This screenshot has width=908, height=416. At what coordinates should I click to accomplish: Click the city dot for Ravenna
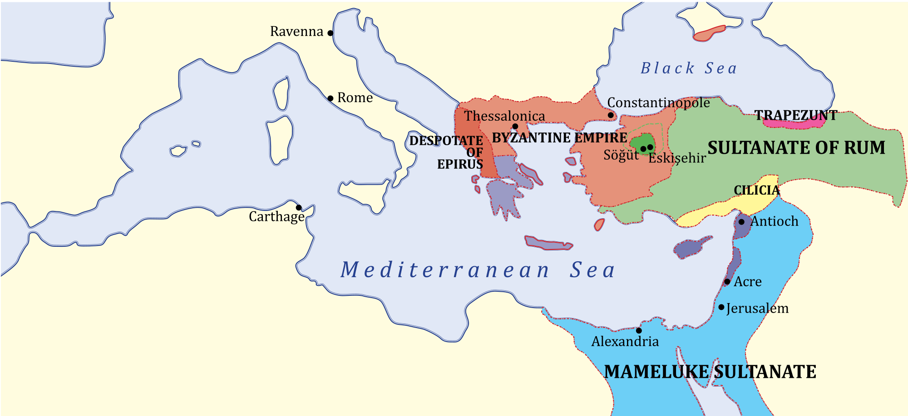click(331, 33)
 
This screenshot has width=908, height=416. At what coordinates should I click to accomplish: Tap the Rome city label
click(355, 98)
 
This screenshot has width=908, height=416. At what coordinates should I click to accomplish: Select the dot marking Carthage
click(299, 208)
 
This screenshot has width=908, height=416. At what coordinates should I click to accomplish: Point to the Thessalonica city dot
click(515, 127)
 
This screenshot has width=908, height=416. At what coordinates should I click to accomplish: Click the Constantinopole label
click(658, 103)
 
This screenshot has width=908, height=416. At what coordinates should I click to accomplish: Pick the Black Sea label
click(688, 68)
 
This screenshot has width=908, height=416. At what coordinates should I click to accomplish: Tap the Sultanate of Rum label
click(796, 148)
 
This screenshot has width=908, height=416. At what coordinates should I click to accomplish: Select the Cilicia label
click(756, 191)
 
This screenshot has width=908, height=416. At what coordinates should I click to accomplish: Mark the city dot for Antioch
click(741, 222)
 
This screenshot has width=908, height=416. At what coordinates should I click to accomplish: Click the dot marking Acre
click(727, 282)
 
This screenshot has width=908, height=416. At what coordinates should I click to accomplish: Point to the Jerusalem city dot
click(721, 307)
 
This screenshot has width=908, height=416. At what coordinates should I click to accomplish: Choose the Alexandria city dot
click(639, 330)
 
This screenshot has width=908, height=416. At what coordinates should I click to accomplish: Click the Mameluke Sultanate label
click(710, 372)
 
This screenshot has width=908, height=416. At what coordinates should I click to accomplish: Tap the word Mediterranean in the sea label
click(445, 270)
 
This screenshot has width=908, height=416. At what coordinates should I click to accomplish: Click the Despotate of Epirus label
click(447, 152)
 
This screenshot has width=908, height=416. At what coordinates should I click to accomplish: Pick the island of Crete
click(548, 244)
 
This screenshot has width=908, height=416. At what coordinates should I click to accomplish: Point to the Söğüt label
click(621, 155)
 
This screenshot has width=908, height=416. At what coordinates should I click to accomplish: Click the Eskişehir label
click(677, 158)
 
